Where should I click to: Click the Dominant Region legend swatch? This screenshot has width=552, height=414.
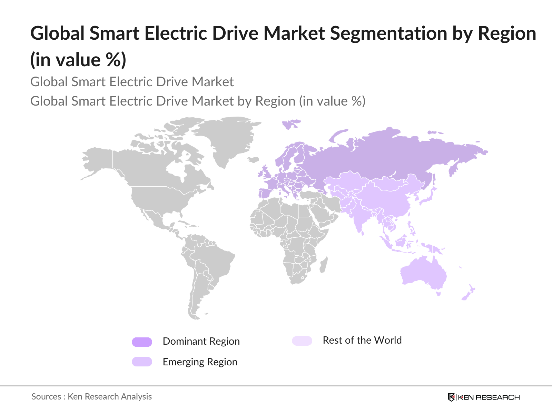pos(142,342)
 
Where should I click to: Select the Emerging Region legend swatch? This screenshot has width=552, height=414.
pos(142,362)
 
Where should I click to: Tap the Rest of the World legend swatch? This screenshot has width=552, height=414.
pos(302,341)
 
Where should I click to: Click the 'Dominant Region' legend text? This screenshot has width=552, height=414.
pos(201,342)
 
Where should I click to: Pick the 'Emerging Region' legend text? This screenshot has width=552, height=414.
pos(200,362)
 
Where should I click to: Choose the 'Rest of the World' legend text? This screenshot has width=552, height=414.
pos(362,341)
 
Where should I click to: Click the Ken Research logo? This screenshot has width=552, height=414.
pos(484,397)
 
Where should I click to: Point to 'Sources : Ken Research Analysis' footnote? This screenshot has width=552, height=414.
pos(91,397)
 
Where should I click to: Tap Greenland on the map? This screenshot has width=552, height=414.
pos(228,138)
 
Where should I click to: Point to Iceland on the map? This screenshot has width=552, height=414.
pos(253,160)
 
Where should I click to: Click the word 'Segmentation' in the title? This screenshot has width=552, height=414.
pos(388,34)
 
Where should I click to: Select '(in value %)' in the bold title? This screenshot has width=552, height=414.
pos(78,60)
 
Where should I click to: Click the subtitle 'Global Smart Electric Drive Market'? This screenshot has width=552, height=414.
pos(132,82)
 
